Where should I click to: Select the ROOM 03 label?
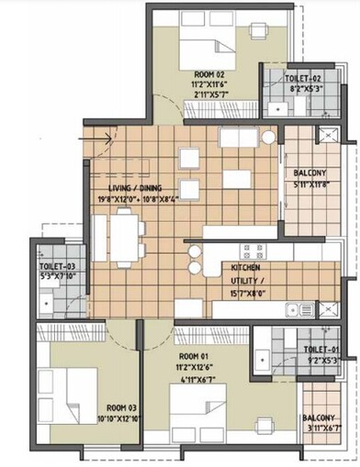[x=124, y=406]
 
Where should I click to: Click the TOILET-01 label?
[x=321, y=349]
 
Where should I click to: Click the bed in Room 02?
[x=203, y=40]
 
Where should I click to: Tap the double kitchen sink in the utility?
[x=297, y=309]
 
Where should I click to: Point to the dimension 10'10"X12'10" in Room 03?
[x=124, y=417]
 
